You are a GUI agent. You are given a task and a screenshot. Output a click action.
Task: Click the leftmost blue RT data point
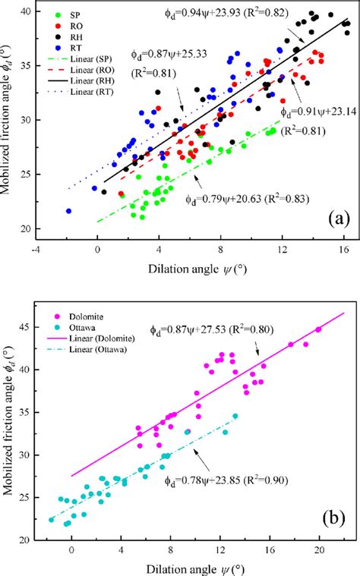tap(69, 212)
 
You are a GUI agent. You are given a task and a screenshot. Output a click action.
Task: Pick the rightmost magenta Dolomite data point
tap(318, 329)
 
